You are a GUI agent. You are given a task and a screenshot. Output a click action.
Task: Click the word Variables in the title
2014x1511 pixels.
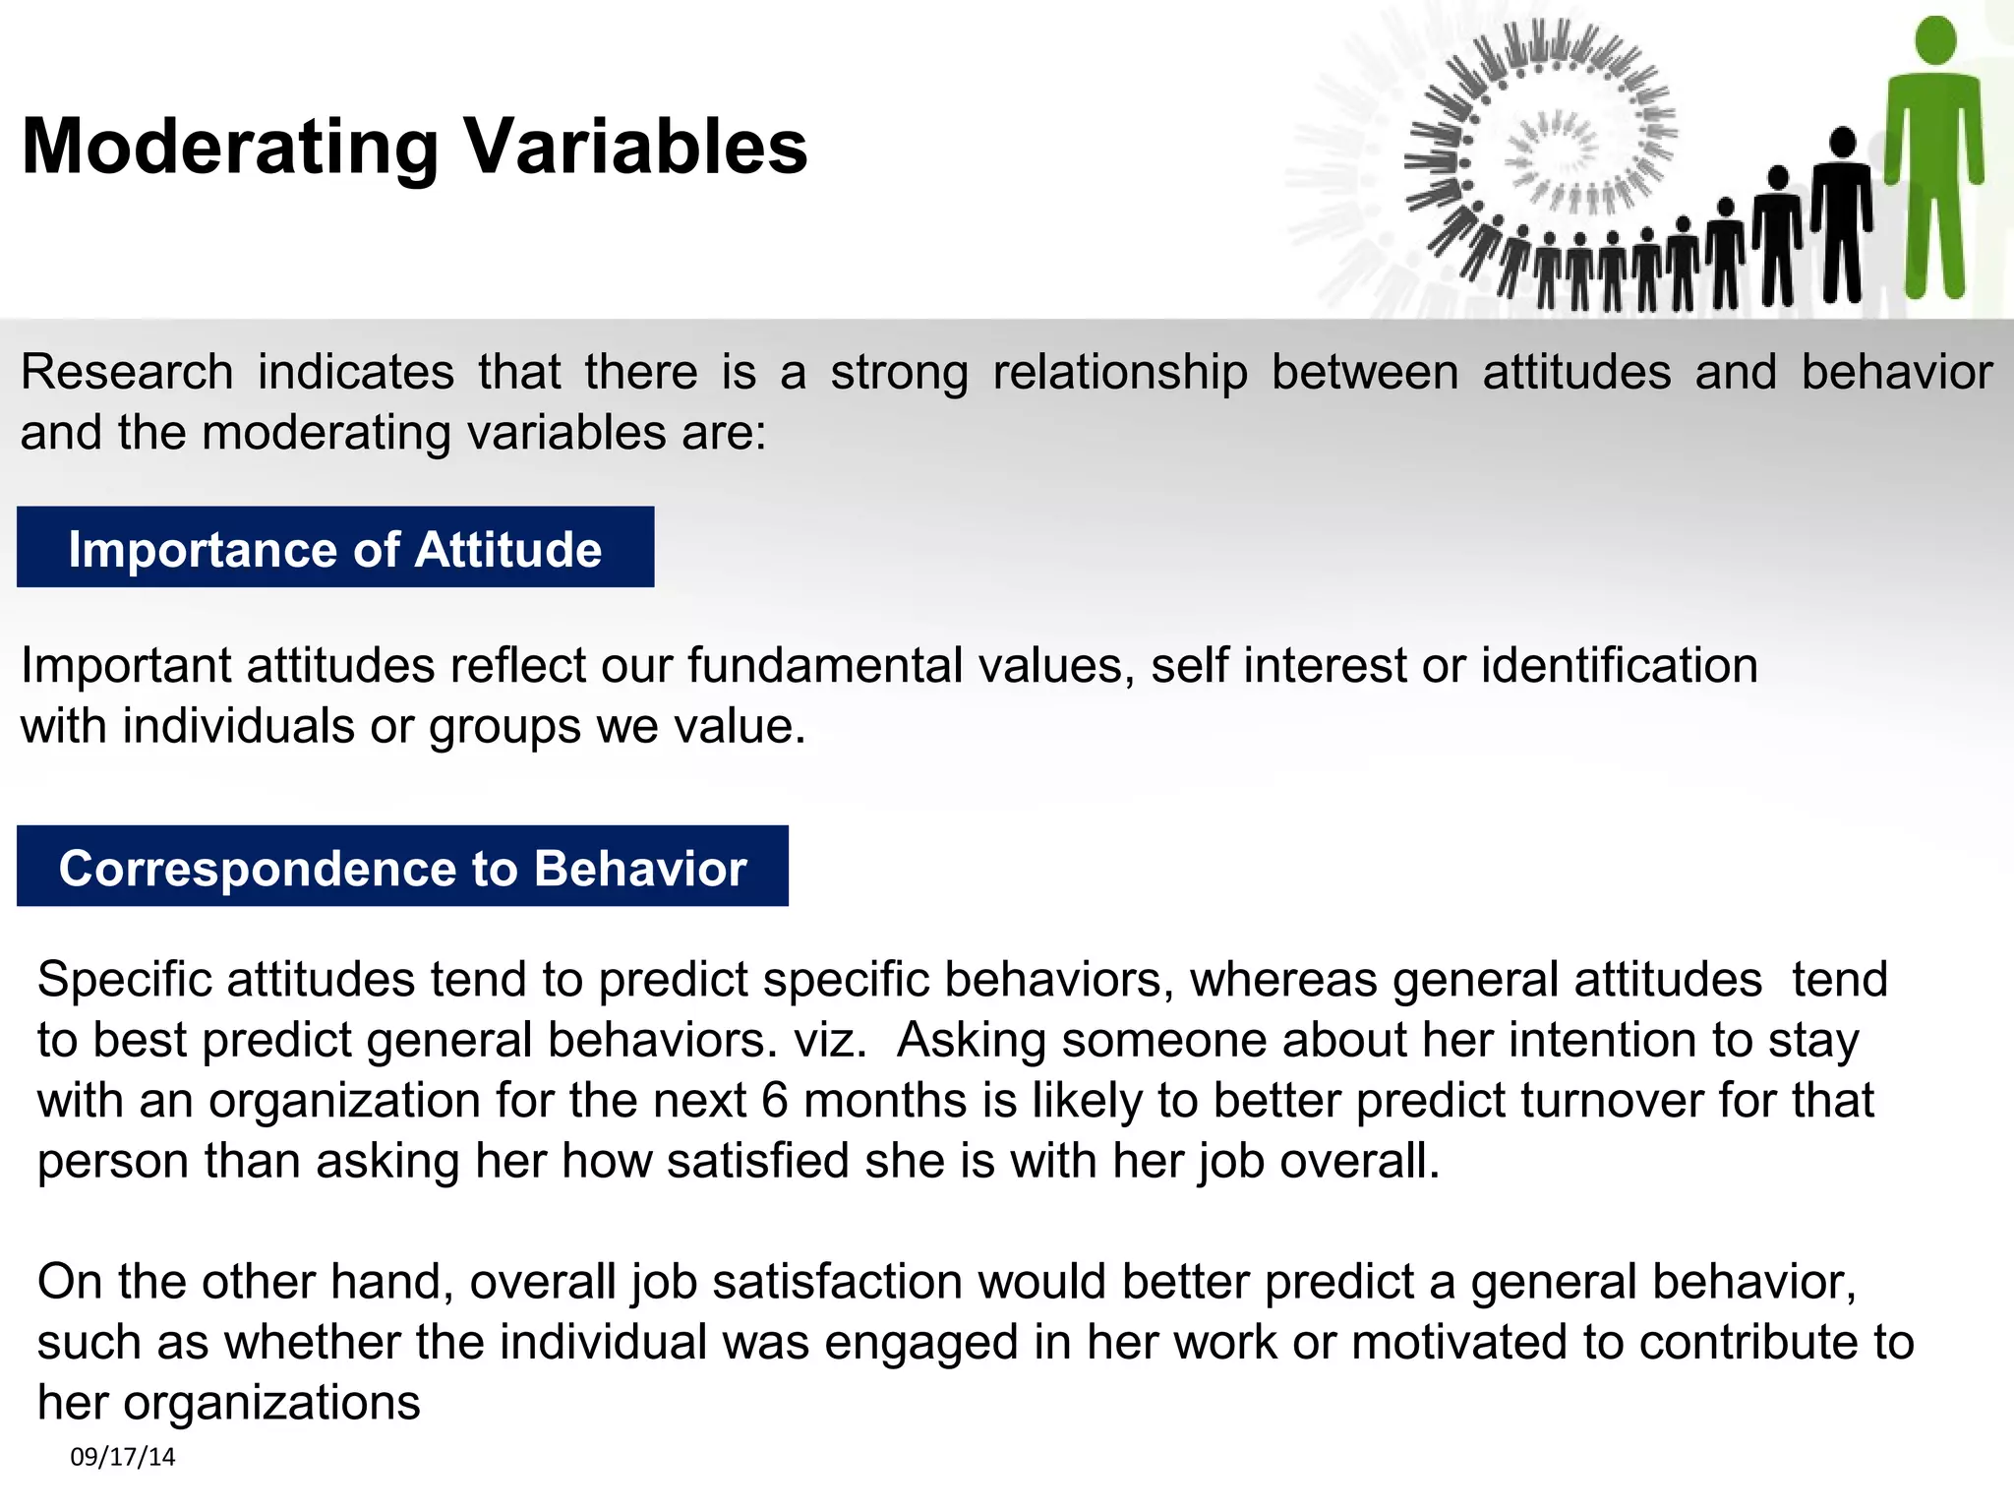[x=635, y=148]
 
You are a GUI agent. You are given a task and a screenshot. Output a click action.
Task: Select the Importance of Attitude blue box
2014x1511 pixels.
[x=335, y=548]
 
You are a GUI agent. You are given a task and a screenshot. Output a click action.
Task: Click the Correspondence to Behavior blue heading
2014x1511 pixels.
[x=402, y=867]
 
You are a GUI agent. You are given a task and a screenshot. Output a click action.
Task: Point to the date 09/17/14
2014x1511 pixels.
[x=122, y=1457]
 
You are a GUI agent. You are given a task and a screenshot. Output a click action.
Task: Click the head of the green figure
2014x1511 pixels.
[x=1935, y=40]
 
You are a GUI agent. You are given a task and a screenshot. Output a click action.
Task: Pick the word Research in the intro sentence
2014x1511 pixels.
[x=127, y=373]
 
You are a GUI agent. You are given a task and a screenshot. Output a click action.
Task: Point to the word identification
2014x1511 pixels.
[x=1620, y=666]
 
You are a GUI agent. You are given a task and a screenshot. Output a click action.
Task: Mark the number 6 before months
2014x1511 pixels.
[x=775, y=1101]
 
